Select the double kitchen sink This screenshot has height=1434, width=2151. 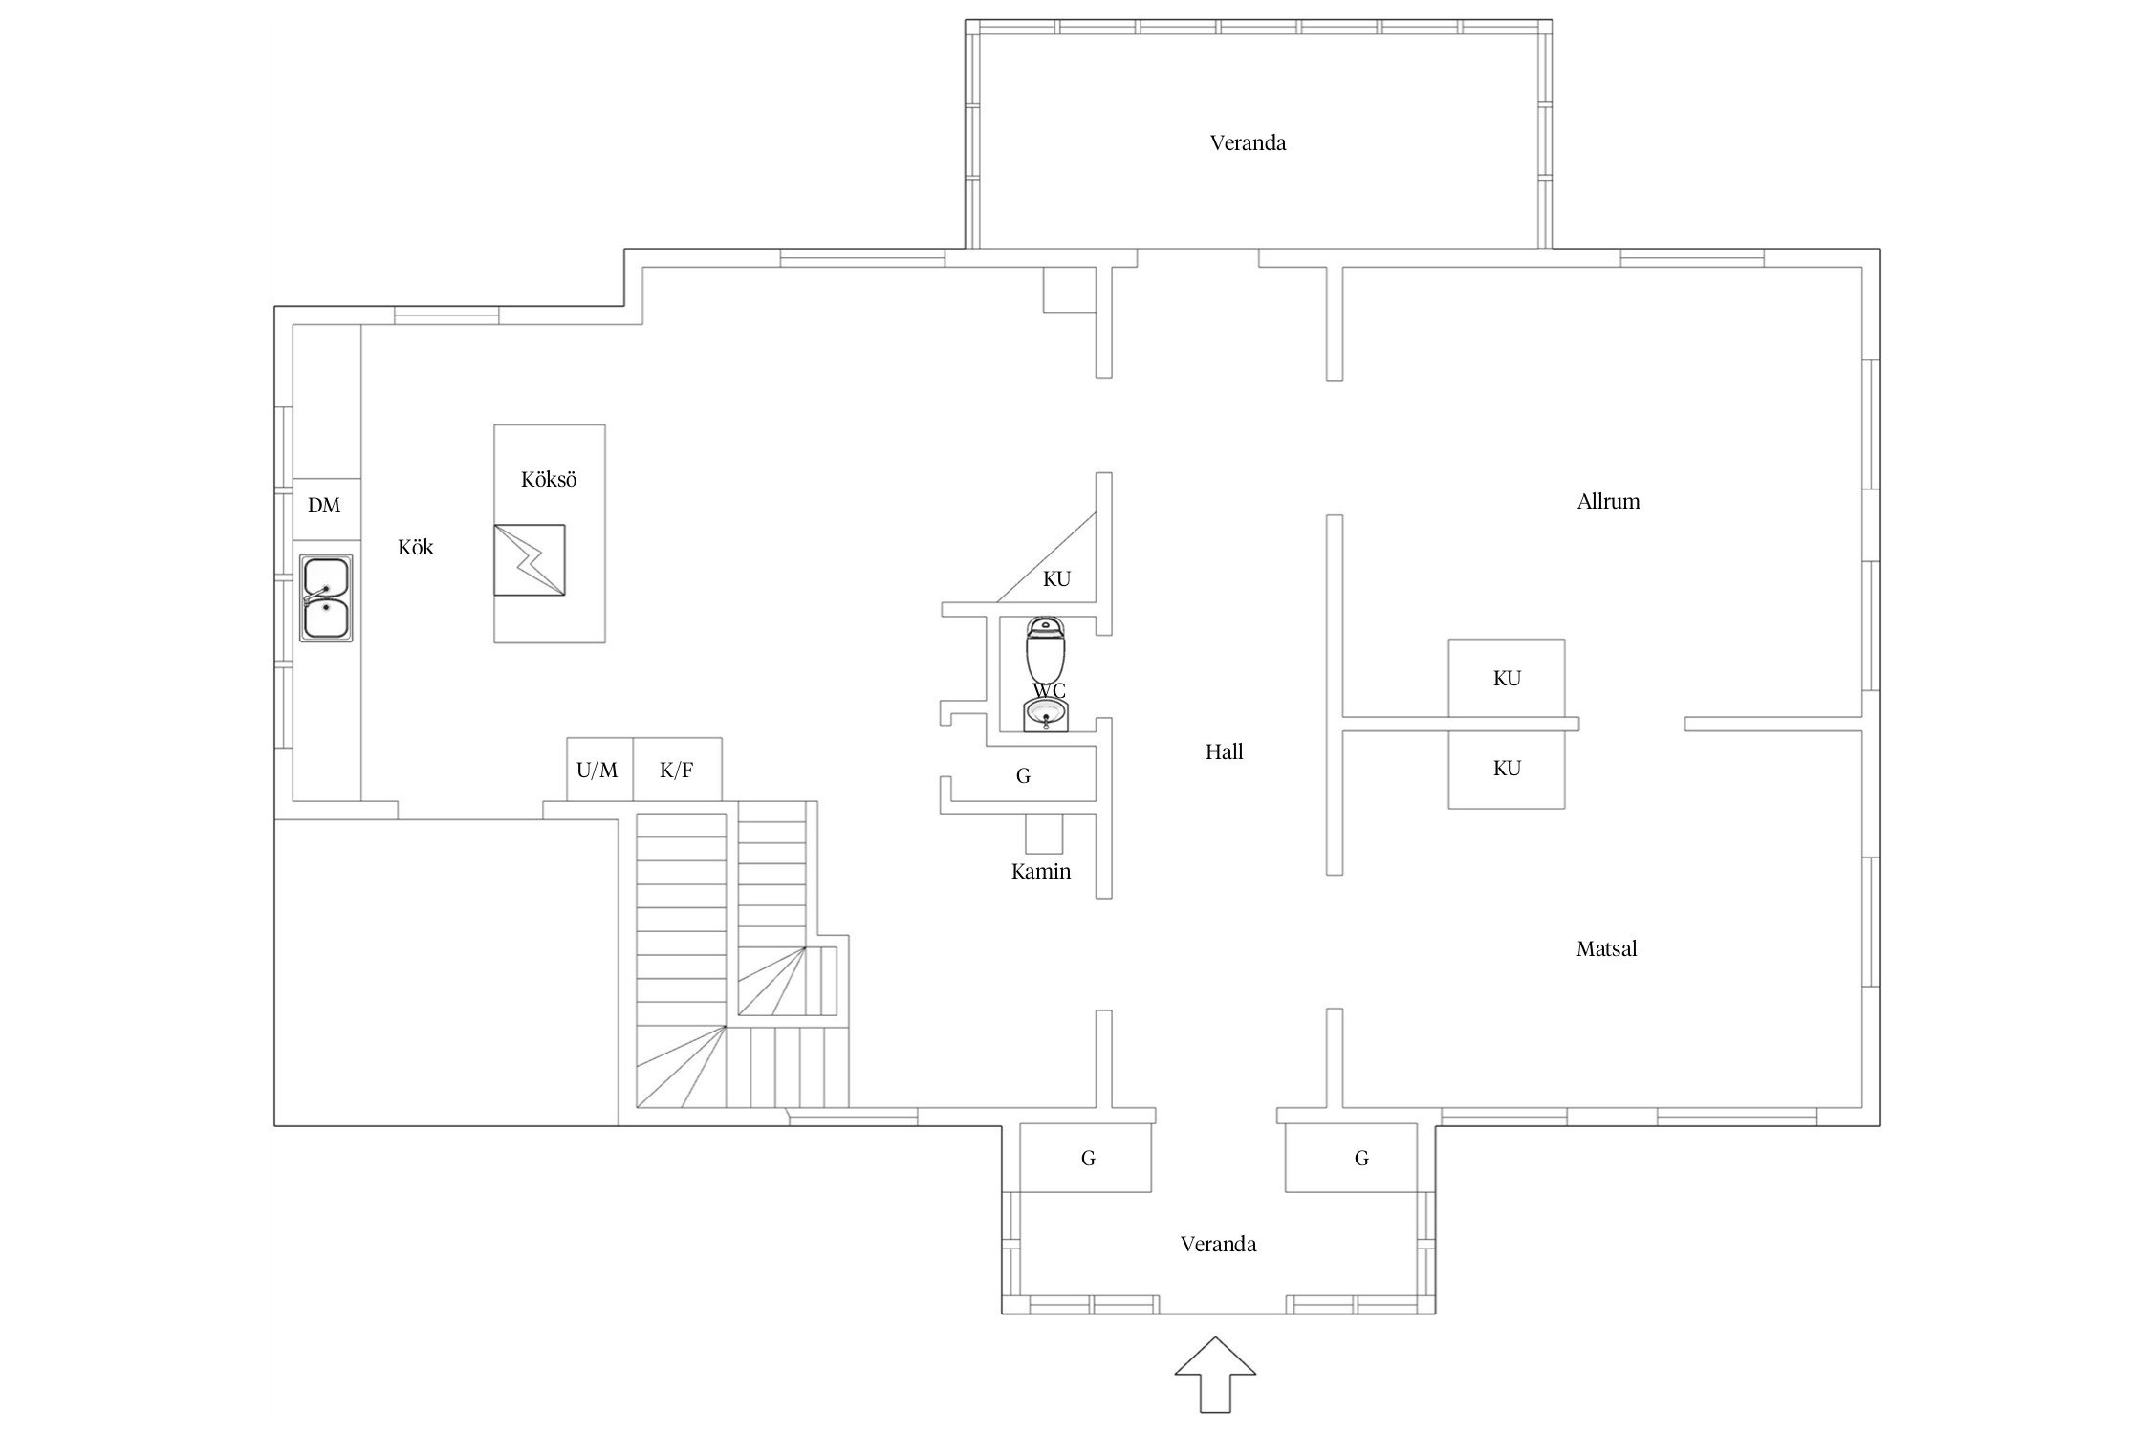pyautogui.click(x=326, y=597)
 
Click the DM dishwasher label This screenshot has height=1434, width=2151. pyautogui.click(x=324, y=506)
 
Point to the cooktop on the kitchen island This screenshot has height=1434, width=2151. pyautogui.click(x=529, y=560)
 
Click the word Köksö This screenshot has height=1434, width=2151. pyautogui.click(x=549, y=479)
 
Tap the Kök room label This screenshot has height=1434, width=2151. pyautogui.click(x=416, y=547)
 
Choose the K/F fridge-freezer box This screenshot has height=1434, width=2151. pyautogui.click(x=677, y=770)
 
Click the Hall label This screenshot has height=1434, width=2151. pyautogui.click(x=1224, y=752)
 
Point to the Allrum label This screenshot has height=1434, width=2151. pyautogui.click(x=1608, y=501)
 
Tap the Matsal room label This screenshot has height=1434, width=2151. pyautogui.click(x=1606, y=949)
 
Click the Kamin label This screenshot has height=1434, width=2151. pyautogui.click(x=1041, y=872)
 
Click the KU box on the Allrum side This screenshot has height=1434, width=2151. pyautogui.click(x=1507, y=678)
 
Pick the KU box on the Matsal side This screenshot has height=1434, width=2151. pyautogui.click(x=1507, y=769)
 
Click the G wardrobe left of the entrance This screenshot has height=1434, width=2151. pyautogui.click(x=1086, y=1158)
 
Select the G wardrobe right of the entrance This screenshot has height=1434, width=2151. pyautogui.click(x=1360, y=1158)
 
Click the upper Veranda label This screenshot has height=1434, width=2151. pyautogui.click(x=1248, y=143)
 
